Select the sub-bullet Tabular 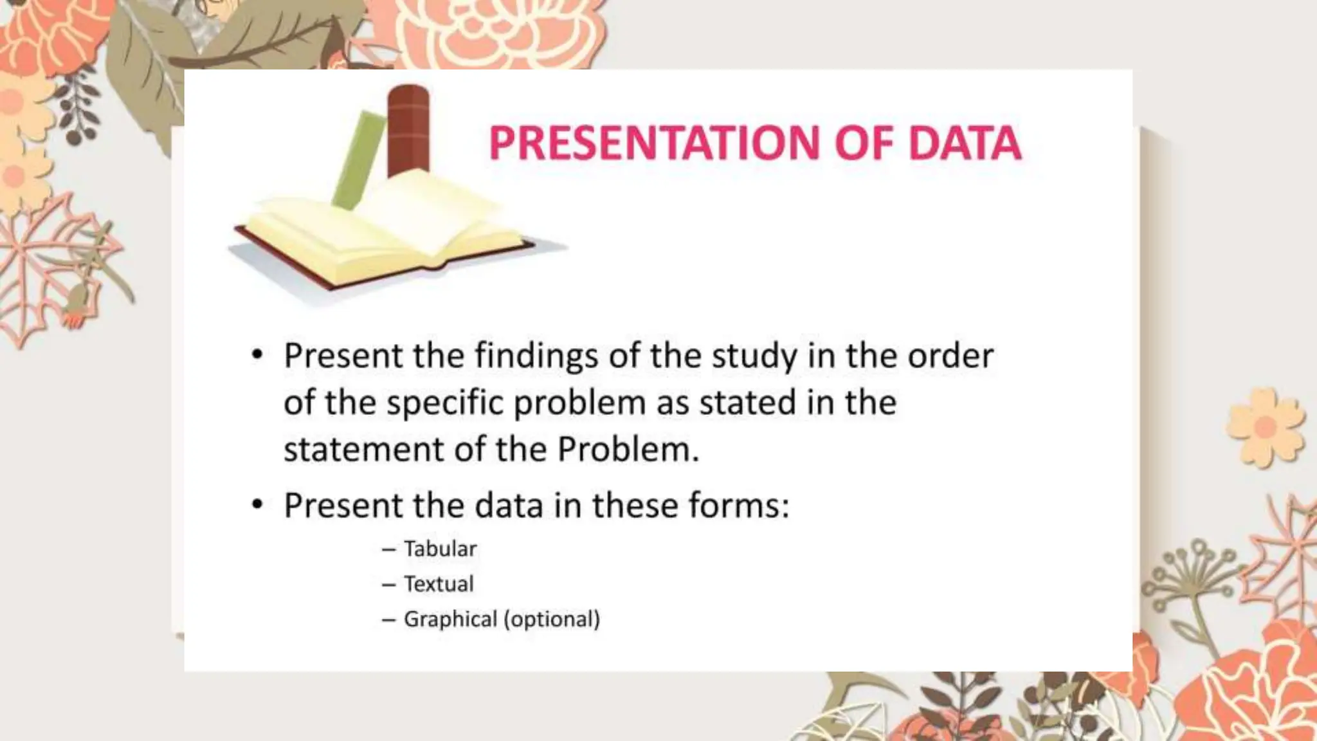click(440, 549)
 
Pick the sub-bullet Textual click(439, 583)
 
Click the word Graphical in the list click(450, 619)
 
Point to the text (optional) click(552, 619)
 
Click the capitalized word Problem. click(627, 449)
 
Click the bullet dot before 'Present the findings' click(258, 355)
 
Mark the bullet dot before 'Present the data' click(258, 505)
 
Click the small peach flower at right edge click(1265, 426)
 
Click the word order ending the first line click(950, 356)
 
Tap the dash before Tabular click(388, 549)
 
